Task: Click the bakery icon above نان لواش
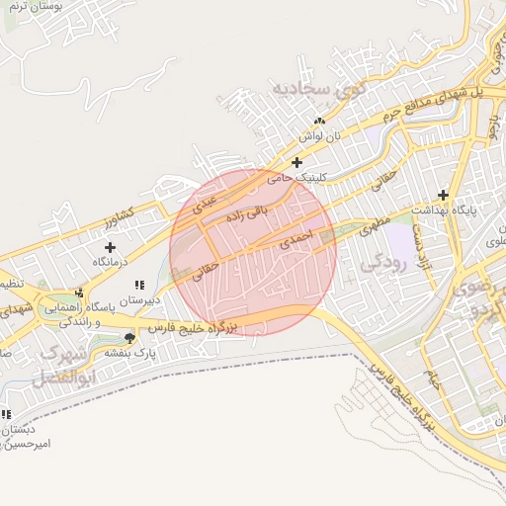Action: click(x=319, y=121)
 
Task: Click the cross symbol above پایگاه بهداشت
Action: click(x=443, y=195)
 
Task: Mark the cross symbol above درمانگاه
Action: click(x=110, y=247)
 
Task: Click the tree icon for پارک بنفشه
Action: click(x=129, y=337)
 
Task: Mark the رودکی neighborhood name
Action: click(x=381, y=263)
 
